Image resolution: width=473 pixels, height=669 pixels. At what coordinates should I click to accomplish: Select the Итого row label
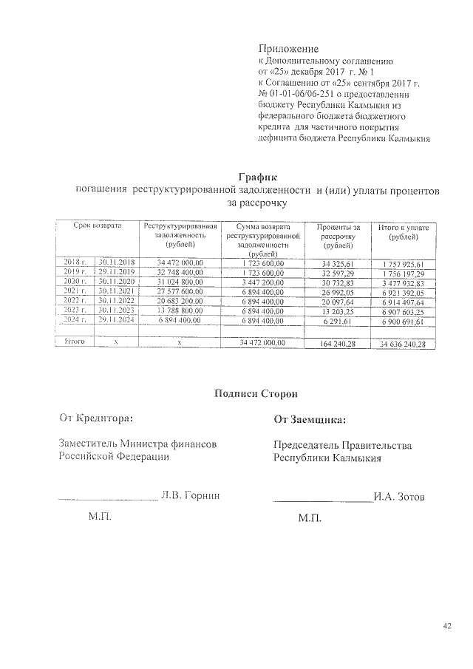[75, 342]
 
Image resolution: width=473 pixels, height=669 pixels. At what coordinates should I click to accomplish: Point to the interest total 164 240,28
[338, 343]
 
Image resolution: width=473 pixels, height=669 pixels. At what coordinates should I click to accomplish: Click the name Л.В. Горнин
[190, 495]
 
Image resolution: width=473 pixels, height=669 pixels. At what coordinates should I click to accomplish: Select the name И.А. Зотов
[399, 497]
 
